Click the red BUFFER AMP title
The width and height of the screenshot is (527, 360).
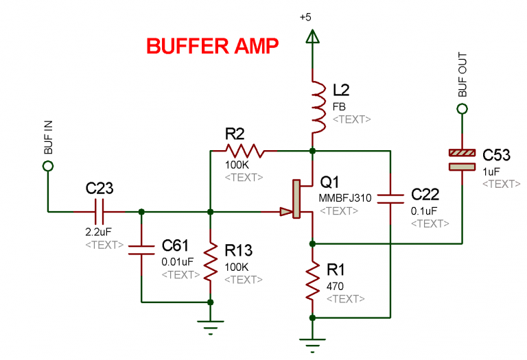(x=212, y=47)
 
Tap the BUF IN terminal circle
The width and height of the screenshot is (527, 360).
(x=48, y=166)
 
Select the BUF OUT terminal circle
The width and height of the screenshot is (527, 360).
(x=462, y=108)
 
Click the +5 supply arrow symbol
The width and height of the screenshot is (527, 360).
(x=312, y=40)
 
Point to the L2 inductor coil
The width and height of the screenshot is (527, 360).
(x=316, y=106)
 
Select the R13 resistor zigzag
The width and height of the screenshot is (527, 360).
(x=211, y=263)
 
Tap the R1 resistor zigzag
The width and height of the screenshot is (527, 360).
(x=312, y=280)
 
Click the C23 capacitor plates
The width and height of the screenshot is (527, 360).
(x=100, y=211)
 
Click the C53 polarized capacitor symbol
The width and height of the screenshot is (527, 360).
(x=462, y=159)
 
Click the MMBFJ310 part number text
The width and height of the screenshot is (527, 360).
(x=344, y=198)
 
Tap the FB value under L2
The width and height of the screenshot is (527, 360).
(x=338, y=107)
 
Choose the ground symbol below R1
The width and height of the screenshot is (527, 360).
(x=312, y=341)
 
